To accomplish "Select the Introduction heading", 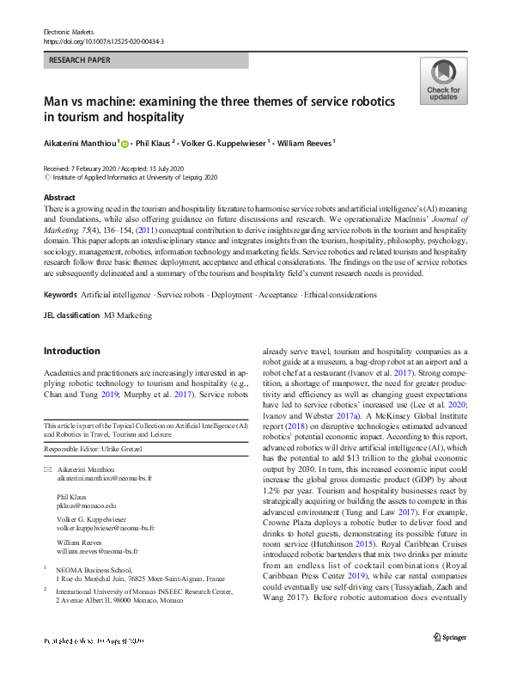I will pyautogui.click(x=71, y=351).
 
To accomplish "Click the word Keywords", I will pyautogui.click(x=59, y=295).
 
